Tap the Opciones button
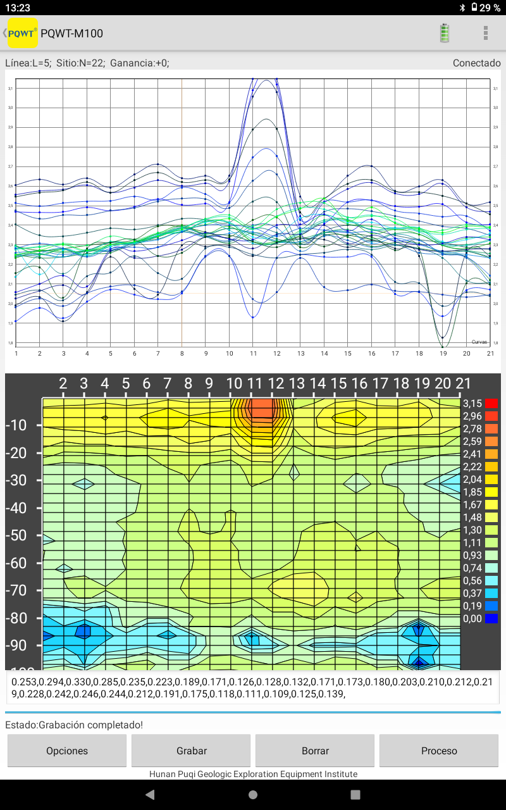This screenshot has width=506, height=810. (67, 751)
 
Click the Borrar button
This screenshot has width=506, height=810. (315, 751)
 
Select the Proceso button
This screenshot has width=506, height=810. (439, 751)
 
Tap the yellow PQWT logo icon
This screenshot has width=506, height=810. (22, 33)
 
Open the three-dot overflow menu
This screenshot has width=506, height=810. (486, 33)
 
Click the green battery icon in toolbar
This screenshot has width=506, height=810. (445, 33)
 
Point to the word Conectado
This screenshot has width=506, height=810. (476, 63)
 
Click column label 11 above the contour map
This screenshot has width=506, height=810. (255, 383)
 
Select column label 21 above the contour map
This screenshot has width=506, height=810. (464, 383)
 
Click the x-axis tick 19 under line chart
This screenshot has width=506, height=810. (443, 353)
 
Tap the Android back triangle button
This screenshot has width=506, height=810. (150, 794)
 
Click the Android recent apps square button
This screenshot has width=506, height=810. (355, 794)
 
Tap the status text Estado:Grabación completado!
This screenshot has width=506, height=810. (75, 725)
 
